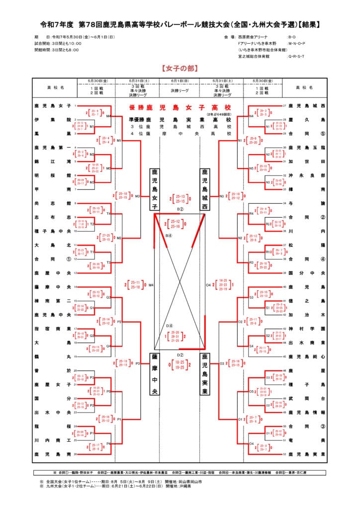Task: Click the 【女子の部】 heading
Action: point(180,67)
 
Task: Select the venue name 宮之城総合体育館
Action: point(254,56)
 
